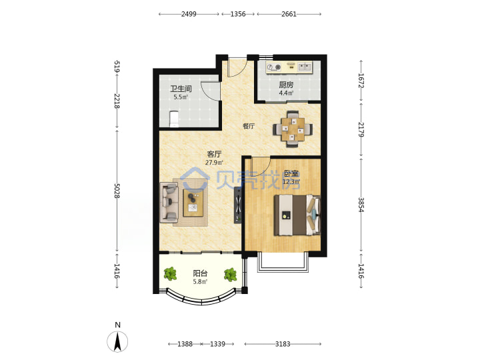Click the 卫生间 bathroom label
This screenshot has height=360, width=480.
pyautogui.click(x=181, y=89)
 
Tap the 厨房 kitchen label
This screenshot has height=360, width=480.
pyautogui.click(x=286, y=85)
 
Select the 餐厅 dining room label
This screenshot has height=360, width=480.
pyautogui.click(x=249, y=126)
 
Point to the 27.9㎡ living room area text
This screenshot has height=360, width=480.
pyautogui.click(x=214, y=163)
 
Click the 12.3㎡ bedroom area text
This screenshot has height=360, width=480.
pyautogui.click(x=291, y=182)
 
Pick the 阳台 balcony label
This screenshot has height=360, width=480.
pyautogui.click(x=200, y=273)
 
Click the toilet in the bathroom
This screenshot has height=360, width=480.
pyautogui.click(x=174, y=119)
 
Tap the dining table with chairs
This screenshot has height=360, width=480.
pyautogui.click(x=293, y=129)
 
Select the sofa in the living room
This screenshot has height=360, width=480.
pyautogui.click(x=169, y=203)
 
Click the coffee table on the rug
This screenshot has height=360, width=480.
pyautogui.click(x=193, y=203)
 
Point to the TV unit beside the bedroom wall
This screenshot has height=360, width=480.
pyautogui.click(x=238, y=205)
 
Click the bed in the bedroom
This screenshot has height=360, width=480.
pyautogui.click(x=297, y=215)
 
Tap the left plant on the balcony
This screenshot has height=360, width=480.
pyautogui.click(x=170, y=274)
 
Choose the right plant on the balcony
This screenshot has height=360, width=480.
pyautogui.click(x=230, y=275)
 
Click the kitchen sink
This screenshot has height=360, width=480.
pyautogui.click(x=304, y=67)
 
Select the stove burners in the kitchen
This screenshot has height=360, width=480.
pyautogui.click(x=274, y=67)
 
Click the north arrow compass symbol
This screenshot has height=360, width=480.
pyautogui.click(x=117, y=341)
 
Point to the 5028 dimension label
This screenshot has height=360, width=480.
pyautogui.click(x=117, y=191)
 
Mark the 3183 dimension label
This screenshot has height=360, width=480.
pyautogui.click(x=283, y=344)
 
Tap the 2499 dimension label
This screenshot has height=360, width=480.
pyautogui.click(x=189, y=14)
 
